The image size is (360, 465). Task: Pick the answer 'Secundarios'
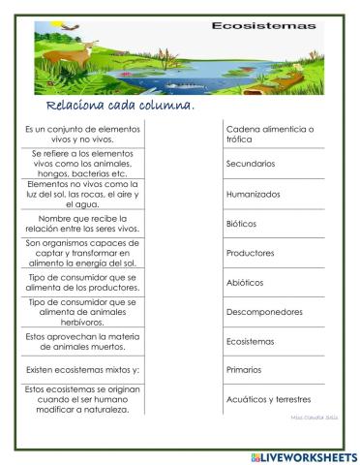(x=251, y=164)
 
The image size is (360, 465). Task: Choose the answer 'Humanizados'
(x=253, y=194)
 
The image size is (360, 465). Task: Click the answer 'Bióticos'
(x=241, y=223)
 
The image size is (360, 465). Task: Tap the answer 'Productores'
(x=250, y=253)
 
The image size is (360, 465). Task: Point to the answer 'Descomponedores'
(x=264, y=312)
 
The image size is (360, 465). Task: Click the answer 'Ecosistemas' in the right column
(x=251, y=341)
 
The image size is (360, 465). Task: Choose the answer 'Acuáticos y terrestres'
(x=268, y=398)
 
